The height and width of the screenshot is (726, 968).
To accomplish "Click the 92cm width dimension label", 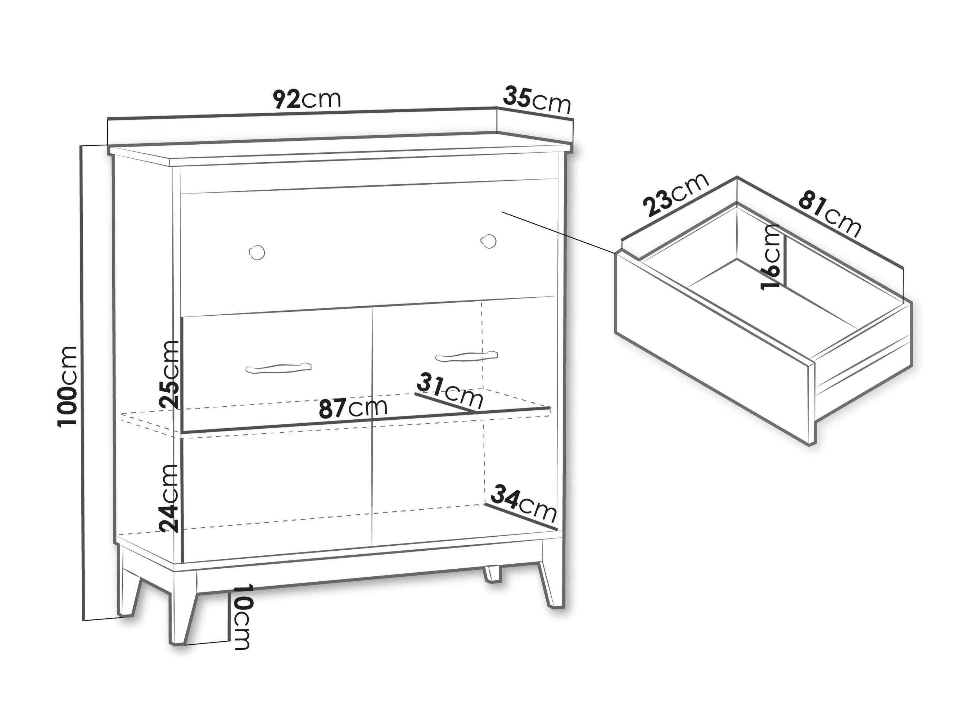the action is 307,99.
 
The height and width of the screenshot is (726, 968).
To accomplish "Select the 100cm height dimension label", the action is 67,385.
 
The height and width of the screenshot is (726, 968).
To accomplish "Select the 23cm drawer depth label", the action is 675,194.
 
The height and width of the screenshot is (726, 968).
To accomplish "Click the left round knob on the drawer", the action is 257,253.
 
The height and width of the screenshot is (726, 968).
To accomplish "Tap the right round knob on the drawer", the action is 488,241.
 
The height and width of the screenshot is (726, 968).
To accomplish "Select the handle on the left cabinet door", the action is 279,369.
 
